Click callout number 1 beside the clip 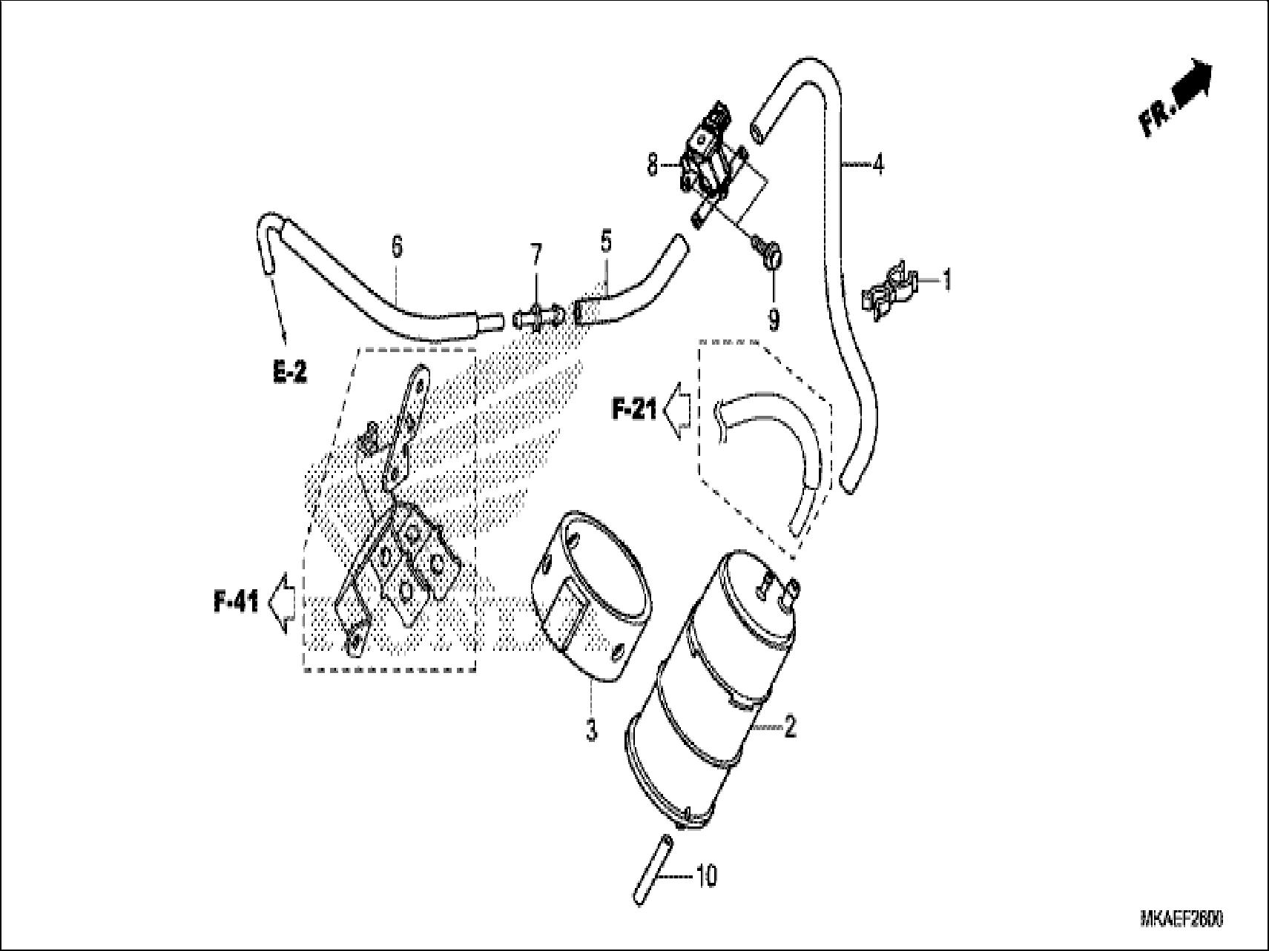(x=946, y=281)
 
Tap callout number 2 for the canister (x=790, y=728)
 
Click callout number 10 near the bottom (x=706, y=877)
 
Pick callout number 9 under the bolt (x=774, y=319)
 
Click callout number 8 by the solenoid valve (x=652, y=165)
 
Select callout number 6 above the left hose (x=397, y=246)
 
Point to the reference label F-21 (x=634, y=409)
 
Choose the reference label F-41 (x=237, y=603)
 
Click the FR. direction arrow (x=1176, y=96)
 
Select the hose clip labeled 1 (x=889, y=291)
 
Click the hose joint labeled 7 (x=534, y=319)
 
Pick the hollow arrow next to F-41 (x=282, y=603)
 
